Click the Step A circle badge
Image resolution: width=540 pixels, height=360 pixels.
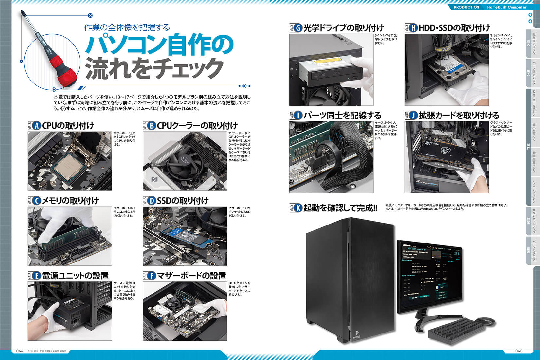37,126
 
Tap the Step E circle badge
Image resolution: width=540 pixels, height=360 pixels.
37,276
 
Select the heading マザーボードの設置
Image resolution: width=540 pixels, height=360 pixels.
191,276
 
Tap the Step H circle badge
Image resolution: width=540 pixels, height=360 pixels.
413,28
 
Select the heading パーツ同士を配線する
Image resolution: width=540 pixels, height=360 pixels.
342,116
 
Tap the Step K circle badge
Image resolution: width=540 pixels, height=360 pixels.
298,208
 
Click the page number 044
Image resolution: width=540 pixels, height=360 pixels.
20,351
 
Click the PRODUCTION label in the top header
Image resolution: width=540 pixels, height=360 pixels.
466,7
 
